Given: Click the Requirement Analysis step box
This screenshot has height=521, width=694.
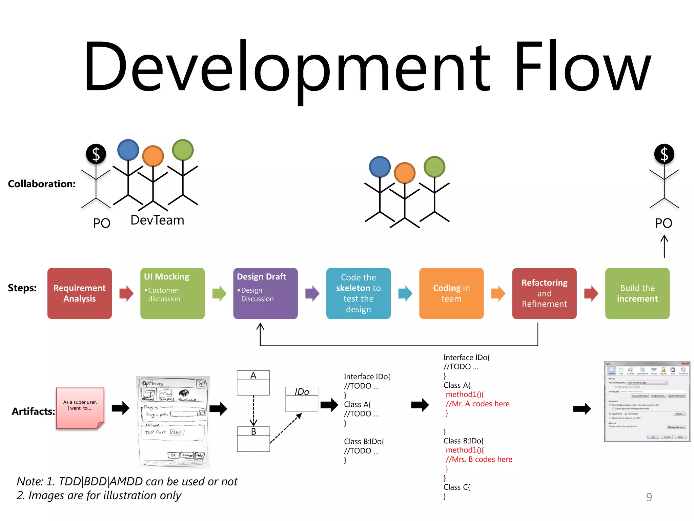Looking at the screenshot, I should pos(80,293).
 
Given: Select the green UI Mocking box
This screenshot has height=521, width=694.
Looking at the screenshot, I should pos(172,293).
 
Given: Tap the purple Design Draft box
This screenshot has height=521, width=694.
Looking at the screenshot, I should pos(265,293).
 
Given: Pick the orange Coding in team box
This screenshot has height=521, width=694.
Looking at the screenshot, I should pos(451,293).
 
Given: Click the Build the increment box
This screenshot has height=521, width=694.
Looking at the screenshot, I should pos(637,293).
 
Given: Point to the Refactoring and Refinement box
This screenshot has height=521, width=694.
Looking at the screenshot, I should pos(544,293).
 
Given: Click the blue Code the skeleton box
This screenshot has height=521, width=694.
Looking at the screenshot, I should pos(358,293).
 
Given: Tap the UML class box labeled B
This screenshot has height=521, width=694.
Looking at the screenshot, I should pos(253,439).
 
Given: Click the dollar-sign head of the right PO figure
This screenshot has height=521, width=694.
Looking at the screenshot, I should pos(664,154).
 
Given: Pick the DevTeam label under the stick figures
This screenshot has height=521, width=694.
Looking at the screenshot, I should pos(157,220).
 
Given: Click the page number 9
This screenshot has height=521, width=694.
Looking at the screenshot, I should pos(649,497).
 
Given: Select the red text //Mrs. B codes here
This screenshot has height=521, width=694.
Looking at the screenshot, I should pos(479,459).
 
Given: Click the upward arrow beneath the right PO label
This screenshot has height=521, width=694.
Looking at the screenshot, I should pos(664,247).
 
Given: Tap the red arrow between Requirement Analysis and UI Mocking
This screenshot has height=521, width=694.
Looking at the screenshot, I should pos(126,293).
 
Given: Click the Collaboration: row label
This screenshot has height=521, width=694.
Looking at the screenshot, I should pos(42,184).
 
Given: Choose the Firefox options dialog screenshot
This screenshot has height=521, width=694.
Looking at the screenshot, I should pos(647,402).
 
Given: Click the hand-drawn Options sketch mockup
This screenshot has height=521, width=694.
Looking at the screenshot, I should pos(173,422).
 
